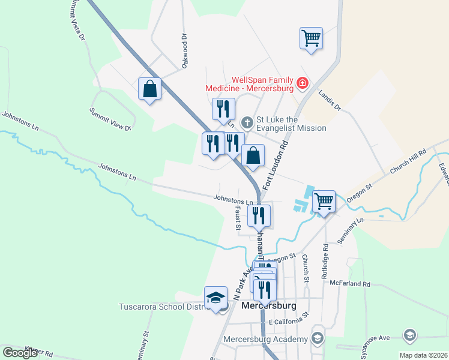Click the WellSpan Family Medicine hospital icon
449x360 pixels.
pos(303,83)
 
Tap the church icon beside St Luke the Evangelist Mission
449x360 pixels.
pos(246,123)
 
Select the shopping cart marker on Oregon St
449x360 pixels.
pos(324,202)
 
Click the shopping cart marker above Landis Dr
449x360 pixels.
pos(311,39)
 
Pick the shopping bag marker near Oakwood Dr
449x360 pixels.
pos(149,89)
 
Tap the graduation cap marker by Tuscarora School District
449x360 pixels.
pos(215,298)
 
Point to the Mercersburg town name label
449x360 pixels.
pos(270,305)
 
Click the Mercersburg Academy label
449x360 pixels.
pos(265,339)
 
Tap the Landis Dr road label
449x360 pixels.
pos(330,100)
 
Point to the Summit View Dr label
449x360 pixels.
pos(110,119)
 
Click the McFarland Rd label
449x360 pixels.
pos(350,284)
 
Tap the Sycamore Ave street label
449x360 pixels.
pos(375,340)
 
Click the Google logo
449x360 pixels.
pos(20,353)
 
